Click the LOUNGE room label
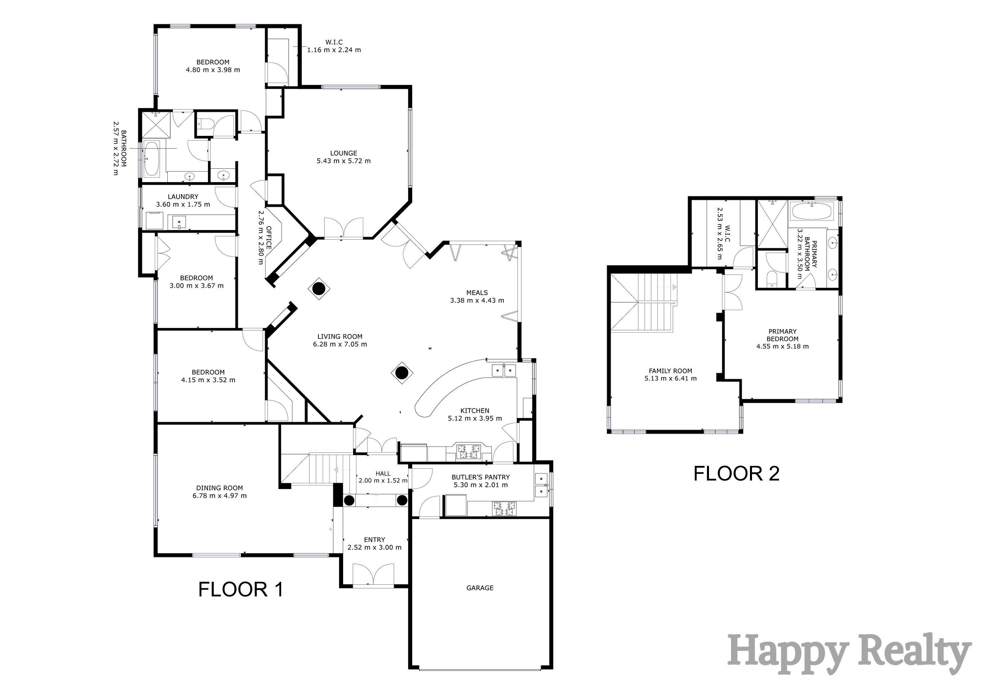(x=343, y=153)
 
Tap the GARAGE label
(x=480, y=588)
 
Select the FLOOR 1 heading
(x=241, y=589)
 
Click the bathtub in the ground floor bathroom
(x=151, y=159)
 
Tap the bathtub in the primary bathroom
(x=811, y=211)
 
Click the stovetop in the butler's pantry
(x=505, y=509)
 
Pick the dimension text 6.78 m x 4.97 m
(x=220, y=496)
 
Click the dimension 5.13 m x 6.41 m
(x=670, y=378)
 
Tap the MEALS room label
(x=477, y=293)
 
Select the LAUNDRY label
(x=183, y=197)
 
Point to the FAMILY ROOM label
(x=670, y=371)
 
